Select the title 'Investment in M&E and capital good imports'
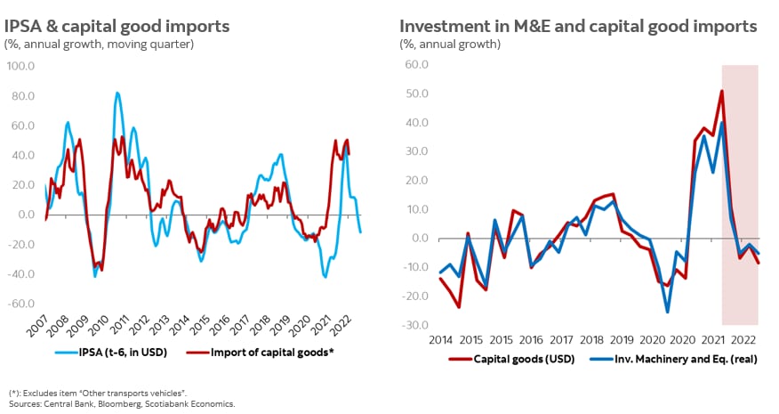pyautogui.click(x=578, y=26)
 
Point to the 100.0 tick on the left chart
pyautogui.click(x=20, y=66)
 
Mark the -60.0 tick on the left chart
pyautogui.click(x=20, y=304)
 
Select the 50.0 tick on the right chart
pyautogui.click(x=417, y=93)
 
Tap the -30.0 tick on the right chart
pyautogui.click(x=416, y=325)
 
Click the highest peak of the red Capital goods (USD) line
pyautogui.click(x=722, y=91)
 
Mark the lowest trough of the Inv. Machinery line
pyautogui.click(x=667, y=312)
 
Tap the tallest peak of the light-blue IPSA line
pyautogui.click(x=117, y=93)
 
